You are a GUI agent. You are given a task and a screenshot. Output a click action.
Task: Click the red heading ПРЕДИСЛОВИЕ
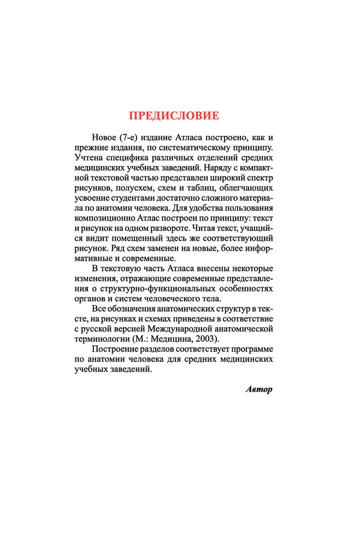pos(174,116)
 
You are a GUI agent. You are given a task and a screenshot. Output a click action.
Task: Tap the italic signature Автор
pos(258,389)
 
